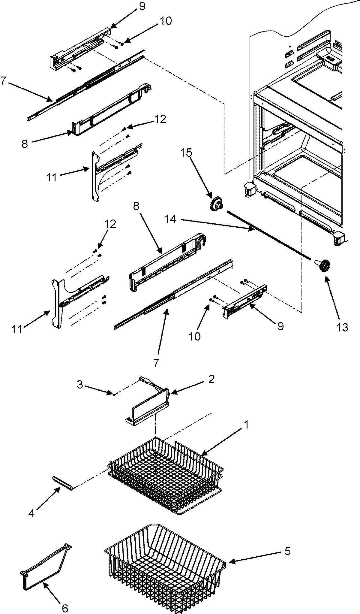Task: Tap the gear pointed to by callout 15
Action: pos(215,205)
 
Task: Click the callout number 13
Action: pos(342,327)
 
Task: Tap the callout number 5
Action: pos(287,551)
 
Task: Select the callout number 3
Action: pos(80,385)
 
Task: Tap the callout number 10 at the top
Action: pos(166,21)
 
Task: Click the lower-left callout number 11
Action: pos(17,329)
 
